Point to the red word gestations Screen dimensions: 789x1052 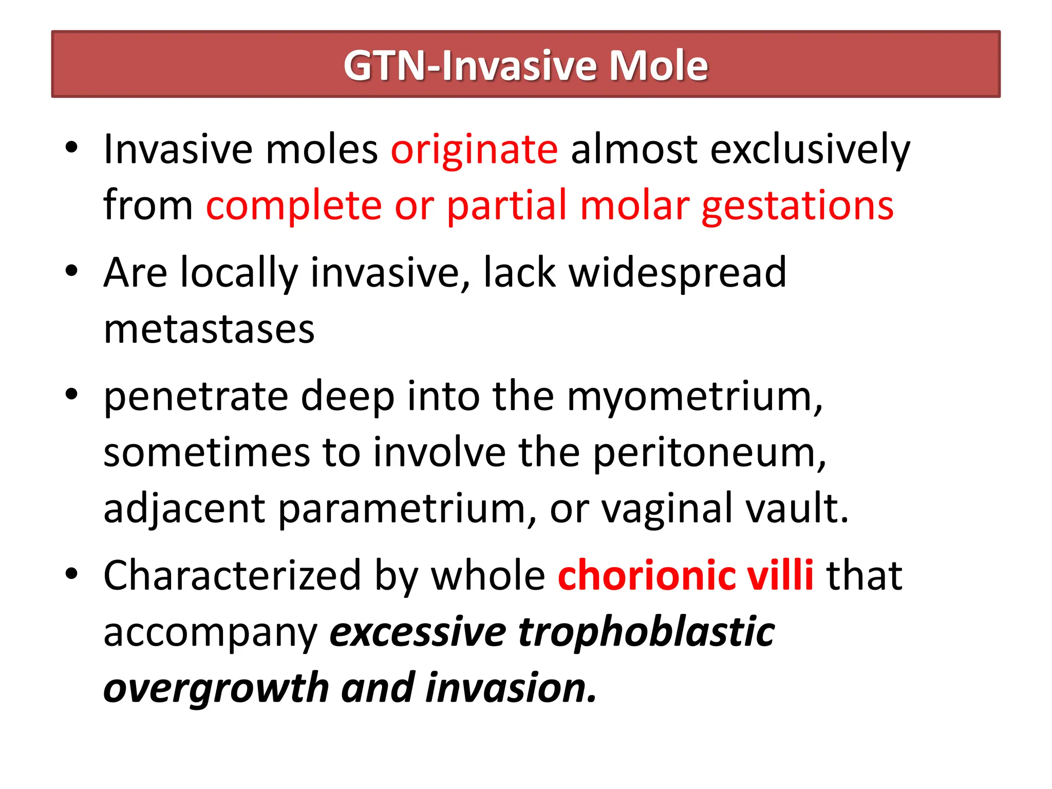[797, 206]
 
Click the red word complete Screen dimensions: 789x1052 [294, 206]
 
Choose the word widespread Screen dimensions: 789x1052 [678, 273]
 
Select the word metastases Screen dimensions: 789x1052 [209, 329]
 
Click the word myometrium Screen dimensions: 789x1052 [694, 397]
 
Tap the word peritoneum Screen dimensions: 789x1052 [709, 453]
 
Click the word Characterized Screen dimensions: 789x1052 [232, 575]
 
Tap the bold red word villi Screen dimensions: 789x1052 [780, 575]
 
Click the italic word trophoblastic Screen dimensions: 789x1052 [647, 632]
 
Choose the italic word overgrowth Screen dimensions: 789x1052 [216, 688]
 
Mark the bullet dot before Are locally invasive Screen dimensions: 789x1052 [71, 271]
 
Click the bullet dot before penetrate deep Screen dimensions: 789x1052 [71, 394]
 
